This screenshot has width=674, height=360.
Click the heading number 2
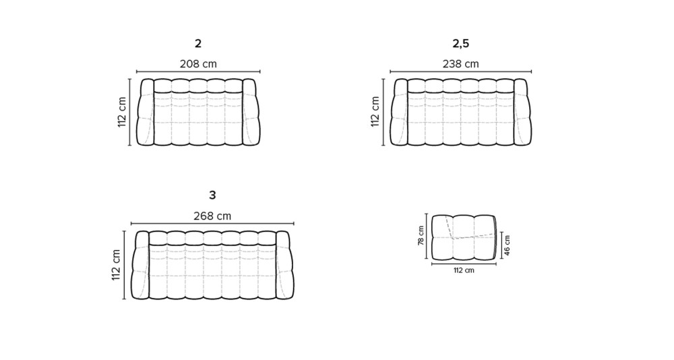(x=197, y=43)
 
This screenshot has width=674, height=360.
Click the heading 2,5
(x=461, y=43)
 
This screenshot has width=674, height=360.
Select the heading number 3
(x=212, y=196)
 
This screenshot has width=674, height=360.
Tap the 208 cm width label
(x=198, y=64)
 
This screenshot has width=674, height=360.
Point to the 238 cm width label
(x=461, y=64)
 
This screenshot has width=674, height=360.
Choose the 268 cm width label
(x=212, y=216)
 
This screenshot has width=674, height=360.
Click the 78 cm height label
(x=421, y=236)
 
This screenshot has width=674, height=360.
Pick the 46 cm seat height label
(x=508, y=245)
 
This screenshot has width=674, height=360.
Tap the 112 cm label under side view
(x=464, y=270)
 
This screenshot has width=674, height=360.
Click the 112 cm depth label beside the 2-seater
(x=122, y=112)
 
